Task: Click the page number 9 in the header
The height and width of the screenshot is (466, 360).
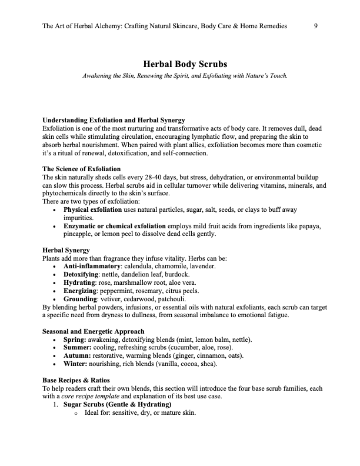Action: pyautogui.click(x=316, y=26)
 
